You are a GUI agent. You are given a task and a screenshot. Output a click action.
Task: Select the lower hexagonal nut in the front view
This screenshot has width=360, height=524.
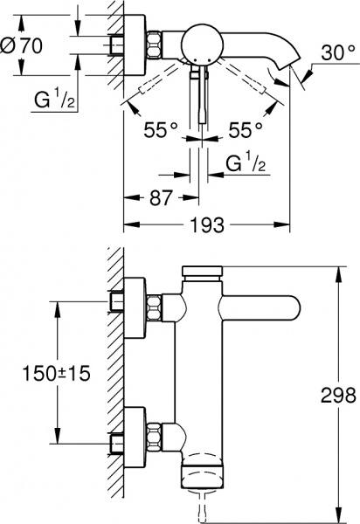[155, 432]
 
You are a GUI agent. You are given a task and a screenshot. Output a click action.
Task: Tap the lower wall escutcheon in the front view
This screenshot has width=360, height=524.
[133, 432]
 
